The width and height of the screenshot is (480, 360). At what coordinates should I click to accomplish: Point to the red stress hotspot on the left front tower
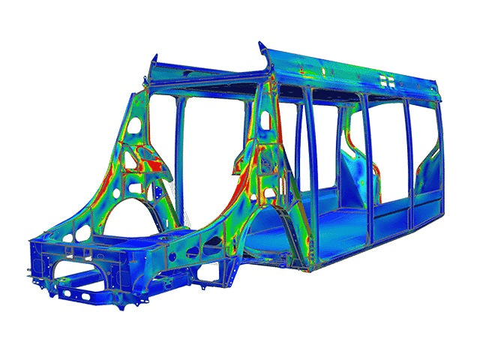click(x=154, y=162)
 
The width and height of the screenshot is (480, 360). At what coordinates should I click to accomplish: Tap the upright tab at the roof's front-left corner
click(x=154, y=63)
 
